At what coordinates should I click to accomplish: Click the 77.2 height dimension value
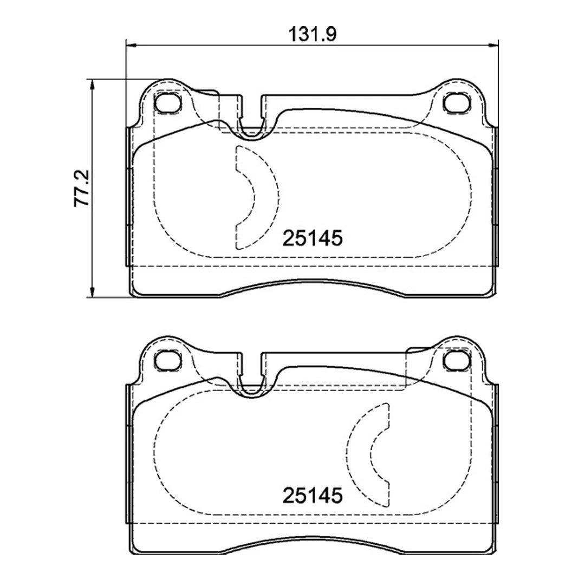(82, 188)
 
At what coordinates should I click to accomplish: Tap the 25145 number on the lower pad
(312, 495)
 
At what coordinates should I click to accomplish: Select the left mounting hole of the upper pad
(167, 102)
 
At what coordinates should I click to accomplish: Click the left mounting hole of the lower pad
(167, 359)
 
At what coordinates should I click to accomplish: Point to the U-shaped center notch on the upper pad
(251, 122)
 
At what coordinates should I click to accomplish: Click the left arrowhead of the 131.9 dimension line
(130, 45)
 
